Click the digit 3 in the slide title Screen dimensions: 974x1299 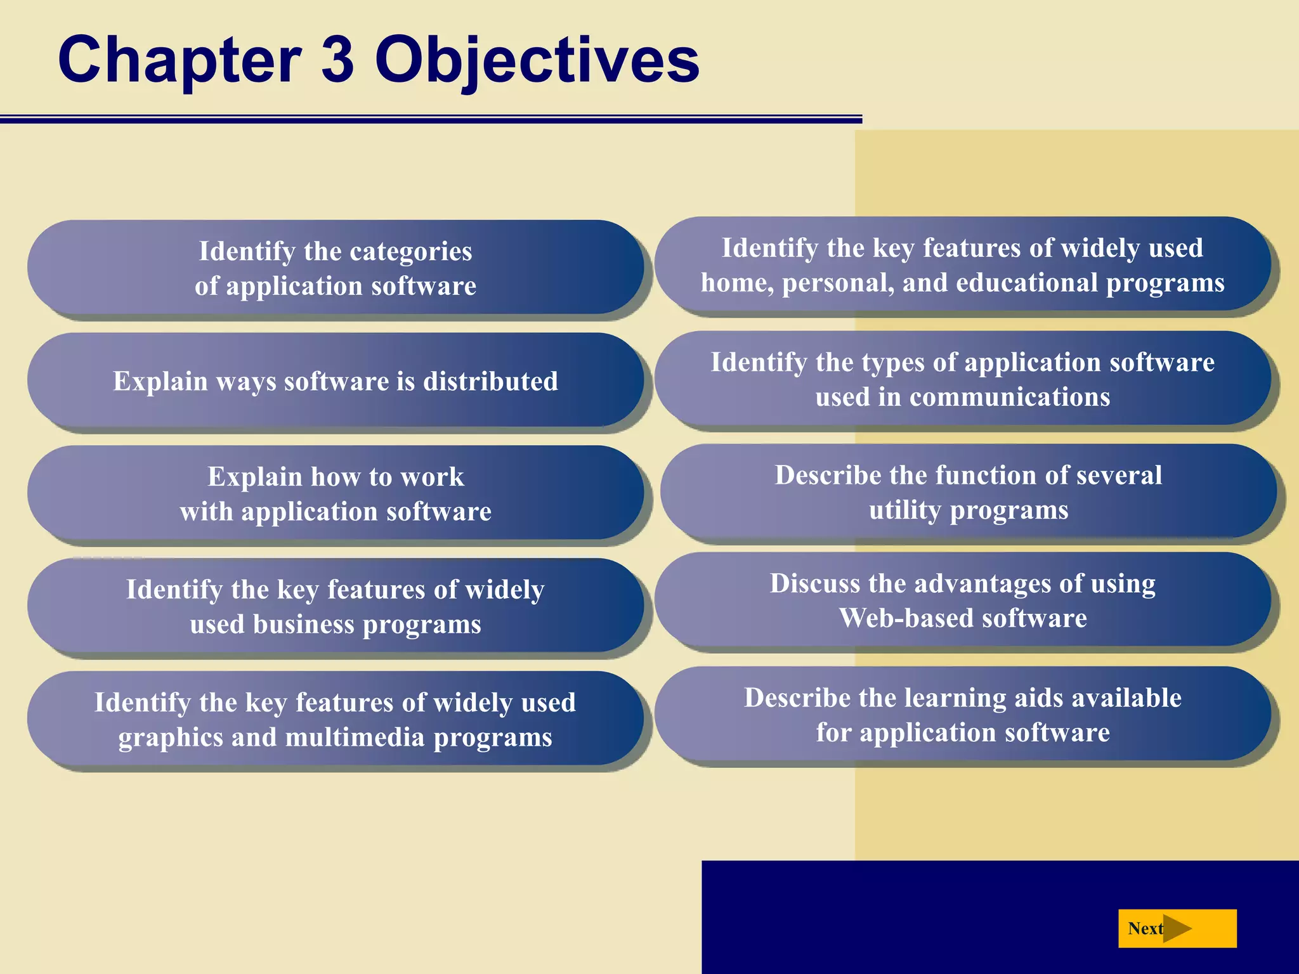[x=337, y=60]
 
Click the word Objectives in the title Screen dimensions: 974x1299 [x=537, y=60]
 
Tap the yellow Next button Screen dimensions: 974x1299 [x=1177, y=928]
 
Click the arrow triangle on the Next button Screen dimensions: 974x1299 [x=1177, y=928]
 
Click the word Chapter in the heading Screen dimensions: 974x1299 [x=180, y=60]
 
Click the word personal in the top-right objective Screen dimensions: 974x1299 [x=838, y=283]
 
